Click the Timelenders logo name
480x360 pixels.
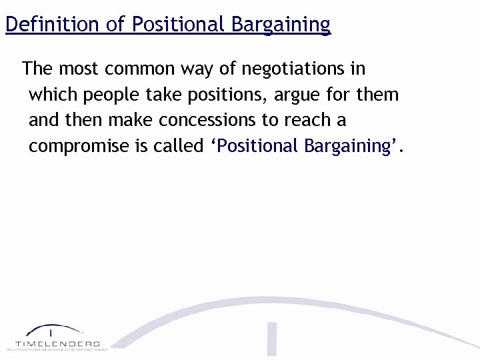click(x=57, y=343)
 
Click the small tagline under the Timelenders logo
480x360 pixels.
click(x=57, y=349)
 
